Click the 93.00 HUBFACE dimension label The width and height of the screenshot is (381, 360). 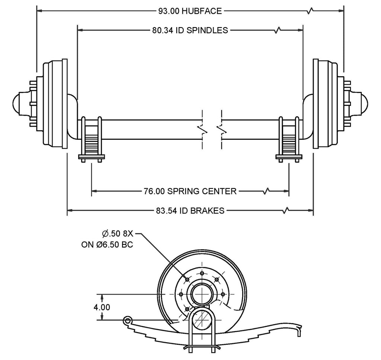[190, 11]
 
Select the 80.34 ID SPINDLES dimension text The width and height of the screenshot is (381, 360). [190, 30]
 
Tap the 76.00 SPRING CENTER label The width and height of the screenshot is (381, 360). [190, 191]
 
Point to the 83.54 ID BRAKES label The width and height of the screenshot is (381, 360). [190, 211]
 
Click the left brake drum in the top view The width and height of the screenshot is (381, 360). [56, 103]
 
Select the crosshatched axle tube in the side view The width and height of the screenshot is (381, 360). [202, 319]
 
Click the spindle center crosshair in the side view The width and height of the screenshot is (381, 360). [202, 294]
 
